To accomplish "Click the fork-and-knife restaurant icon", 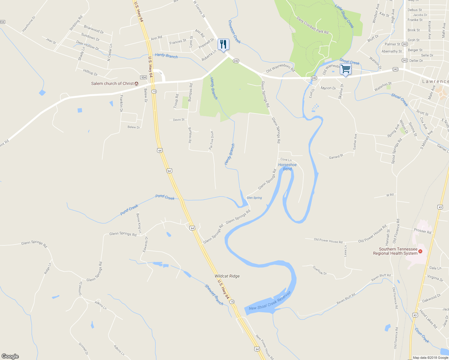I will (223, 44).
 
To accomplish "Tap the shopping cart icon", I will (345, 69).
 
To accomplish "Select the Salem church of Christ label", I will (112, 83).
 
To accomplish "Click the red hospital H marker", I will (420, 251).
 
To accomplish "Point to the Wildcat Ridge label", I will (227, 276).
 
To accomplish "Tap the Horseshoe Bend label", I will (287, 167).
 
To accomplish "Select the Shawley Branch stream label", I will (214, 295).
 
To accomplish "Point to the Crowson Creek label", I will (234, 31).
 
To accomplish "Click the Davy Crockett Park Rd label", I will (312, 25).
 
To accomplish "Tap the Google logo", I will (10, 356).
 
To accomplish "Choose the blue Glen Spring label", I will (254, 198).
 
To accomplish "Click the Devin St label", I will (179, 120).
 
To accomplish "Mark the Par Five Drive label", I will (211, 140).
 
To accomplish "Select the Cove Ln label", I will (286, 160).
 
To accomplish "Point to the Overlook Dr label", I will (320, 270).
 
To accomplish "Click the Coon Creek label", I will (422, 335).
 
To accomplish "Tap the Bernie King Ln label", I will (139, 223).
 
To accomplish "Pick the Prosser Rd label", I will (422, 231).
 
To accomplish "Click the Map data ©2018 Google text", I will (430, 358).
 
